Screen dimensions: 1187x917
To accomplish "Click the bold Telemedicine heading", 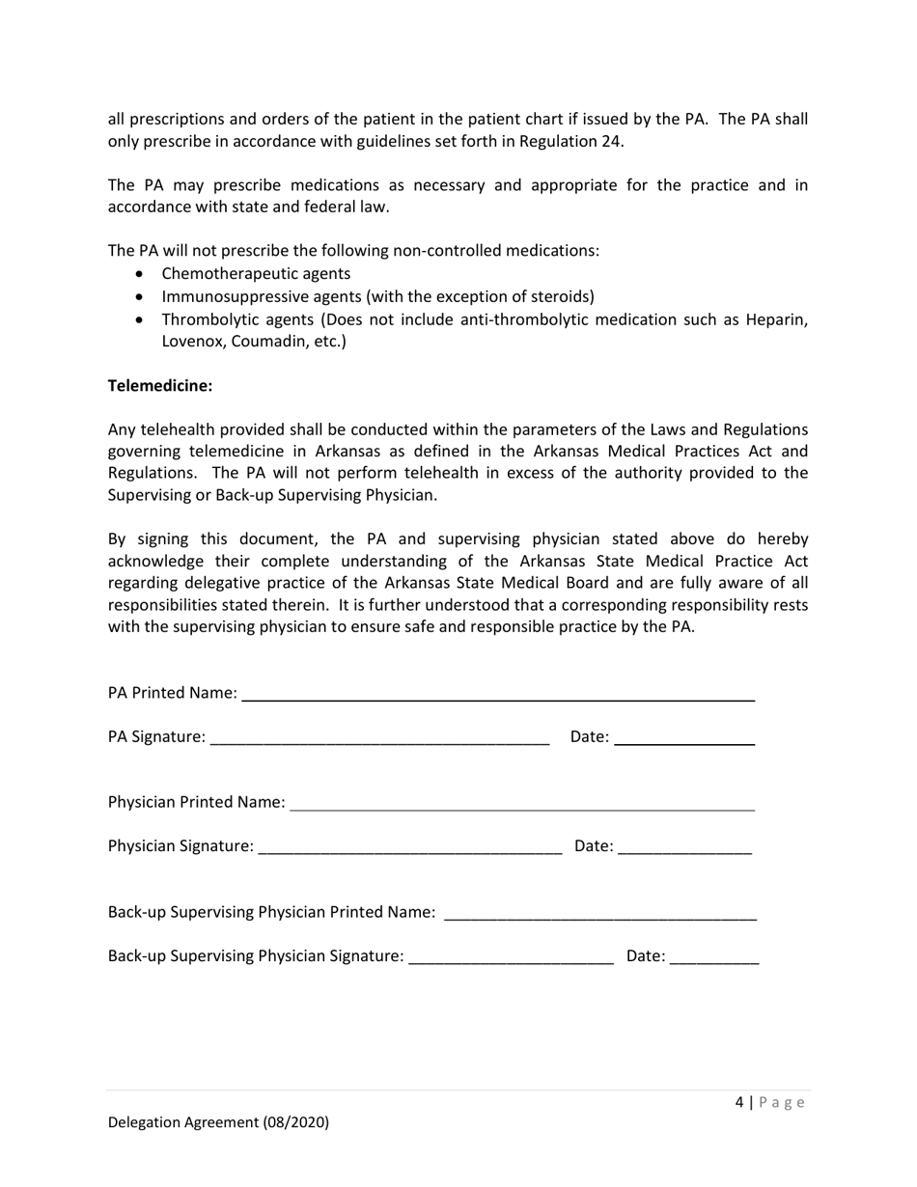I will (x=160, y=385).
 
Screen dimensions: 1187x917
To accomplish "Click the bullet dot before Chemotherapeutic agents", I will (x=141, y=274).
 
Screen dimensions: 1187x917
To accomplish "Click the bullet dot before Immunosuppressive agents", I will (x=141, y=297).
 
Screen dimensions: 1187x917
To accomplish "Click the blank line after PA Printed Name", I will (x=497, y=695).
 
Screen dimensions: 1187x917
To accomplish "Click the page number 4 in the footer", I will (x=739, y=1102).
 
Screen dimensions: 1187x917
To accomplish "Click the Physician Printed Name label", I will (x=196, y=802).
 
